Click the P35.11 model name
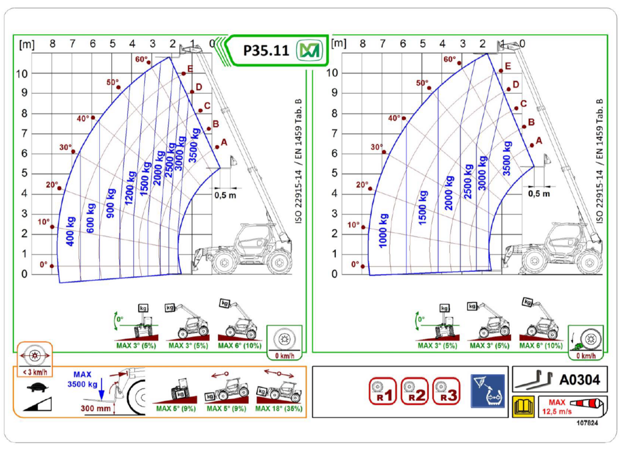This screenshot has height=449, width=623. click(266, 51)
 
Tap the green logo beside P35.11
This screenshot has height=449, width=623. click(309, 51)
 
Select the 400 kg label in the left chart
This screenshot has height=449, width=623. click(71, 232)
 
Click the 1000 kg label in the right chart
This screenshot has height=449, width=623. click(383, 231)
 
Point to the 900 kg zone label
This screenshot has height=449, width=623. click(111, 203)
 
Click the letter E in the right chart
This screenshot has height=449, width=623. click(508, 66)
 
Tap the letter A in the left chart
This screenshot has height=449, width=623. click(224, 143)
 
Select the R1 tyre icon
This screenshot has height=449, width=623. click(383, 391)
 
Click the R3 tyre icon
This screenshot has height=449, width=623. click(446, 391)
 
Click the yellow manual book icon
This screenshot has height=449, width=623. click(523, 407)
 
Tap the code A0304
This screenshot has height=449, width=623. click(580, 380)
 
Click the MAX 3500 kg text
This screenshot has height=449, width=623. click(83, 379)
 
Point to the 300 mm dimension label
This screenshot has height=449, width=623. click(96, 408)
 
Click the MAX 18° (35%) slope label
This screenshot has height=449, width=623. click(279, 408)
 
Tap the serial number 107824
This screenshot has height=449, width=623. click(587, 423)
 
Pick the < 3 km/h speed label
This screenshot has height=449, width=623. click(35, 372)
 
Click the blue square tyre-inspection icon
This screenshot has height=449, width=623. click(487, 391)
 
